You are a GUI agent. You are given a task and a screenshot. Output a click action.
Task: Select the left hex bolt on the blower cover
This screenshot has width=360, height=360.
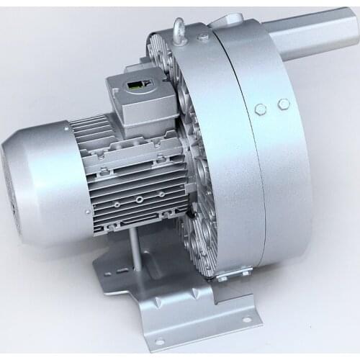click(x=260, y=109)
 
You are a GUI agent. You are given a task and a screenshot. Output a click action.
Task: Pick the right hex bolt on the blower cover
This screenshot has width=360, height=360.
click(x=283, y=104)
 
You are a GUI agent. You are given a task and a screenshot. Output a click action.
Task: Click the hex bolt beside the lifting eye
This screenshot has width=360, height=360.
click(x=203, y=36)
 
